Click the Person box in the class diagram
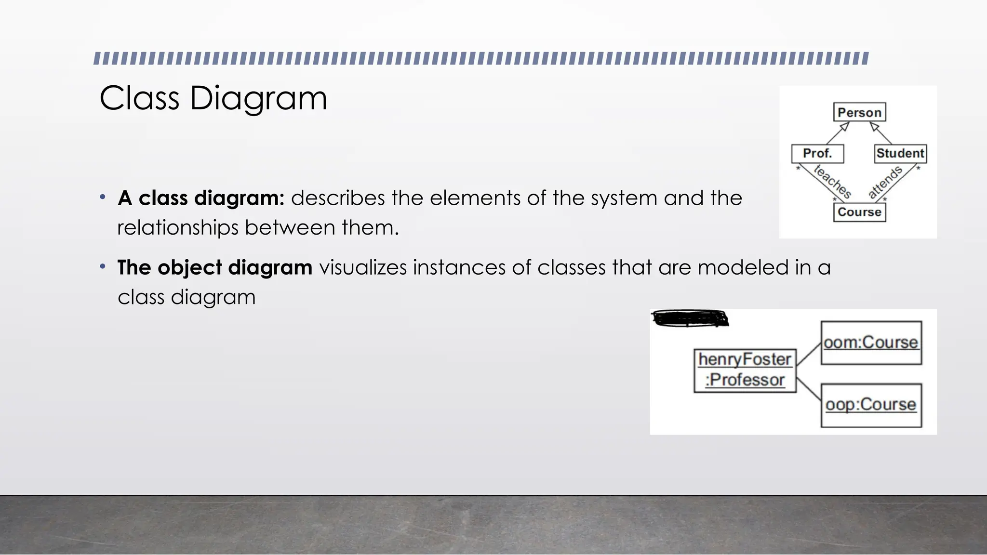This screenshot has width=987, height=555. (x=859, y=112)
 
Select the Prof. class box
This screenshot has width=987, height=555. (x=817, y=154)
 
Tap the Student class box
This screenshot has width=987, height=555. (x=900, y=154)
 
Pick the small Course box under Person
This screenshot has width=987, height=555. (x=859, y=212)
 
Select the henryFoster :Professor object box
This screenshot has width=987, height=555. (x=745, y=370)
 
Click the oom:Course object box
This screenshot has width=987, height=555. (x=871, y=343)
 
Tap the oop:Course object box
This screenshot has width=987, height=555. (x=871, y=405)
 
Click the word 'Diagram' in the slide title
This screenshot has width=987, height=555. (x=258, y=98)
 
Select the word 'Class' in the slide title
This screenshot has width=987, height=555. (x=140, y=98)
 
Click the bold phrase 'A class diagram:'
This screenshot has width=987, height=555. (x=201, y=198)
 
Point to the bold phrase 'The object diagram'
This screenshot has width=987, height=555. (x=215, y=267)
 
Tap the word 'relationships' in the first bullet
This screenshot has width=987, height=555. (x=177, y=227)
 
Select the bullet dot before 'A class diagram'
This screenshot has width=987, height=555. (x=103, y=197)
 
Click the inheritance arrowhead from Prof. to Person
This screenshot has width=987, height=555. (x=844, y=126)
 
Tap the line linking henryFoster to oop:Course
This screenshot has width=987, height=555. (x=809, y=389)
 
